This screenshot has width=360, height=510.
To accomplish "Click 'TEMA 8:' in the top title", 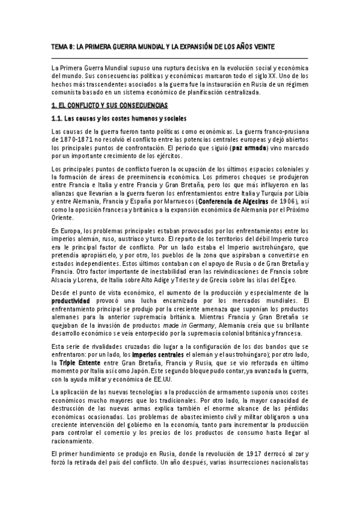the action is click(62, 47).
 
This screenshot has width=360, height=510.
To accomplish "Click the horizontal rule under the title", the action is click(180, 57).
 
